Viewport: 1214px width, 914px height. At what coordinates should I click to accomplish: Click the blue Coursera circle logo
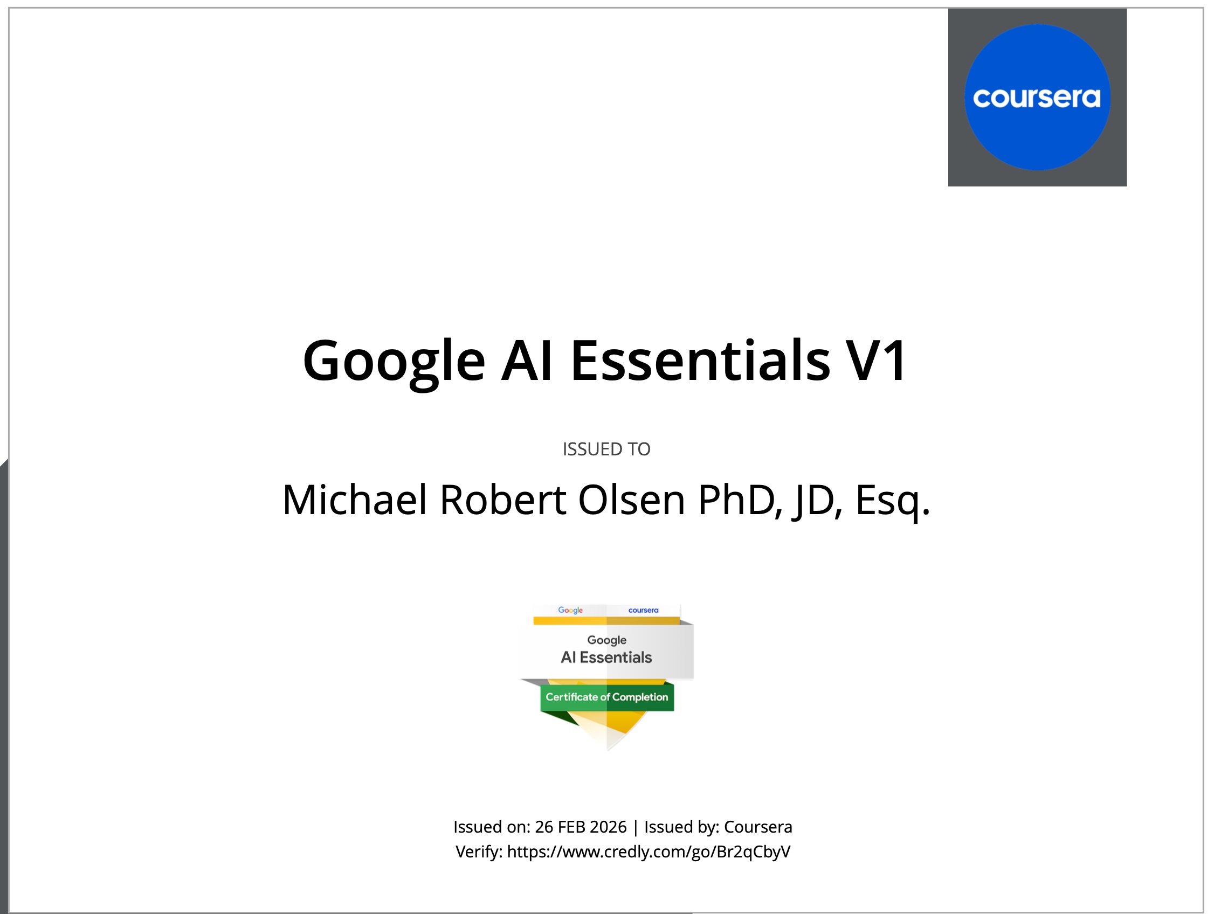point(1037,97)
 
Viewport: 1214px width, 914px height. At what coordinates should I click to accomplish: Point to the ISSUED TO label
point(606,449)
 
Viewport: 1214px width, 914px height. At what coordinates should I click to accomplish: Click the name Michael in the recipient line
point(355,500)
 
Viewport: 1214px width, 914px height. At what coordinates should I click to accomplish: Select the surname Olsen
point(632,500)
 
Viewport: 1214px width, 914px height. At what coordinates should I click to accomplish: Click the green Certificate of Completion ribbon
point(607,697)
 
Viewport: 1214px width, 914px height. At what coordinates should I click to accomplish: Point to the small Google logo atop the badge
point(570,610)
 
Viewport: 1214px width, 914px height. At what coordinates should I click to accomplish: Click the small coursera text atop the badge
point(643,610)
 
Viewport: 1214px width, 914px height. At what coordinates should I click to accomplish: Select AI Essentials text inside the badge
point(606,657)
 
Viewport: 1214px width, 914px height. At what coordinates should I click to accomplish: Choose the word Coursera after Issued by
point(758,827)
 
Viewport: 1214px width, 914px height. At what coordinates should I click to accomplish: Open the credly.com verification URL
point(649,852)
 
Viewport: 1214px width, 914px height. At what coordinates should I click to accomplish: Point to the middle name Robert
point(503,500)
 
